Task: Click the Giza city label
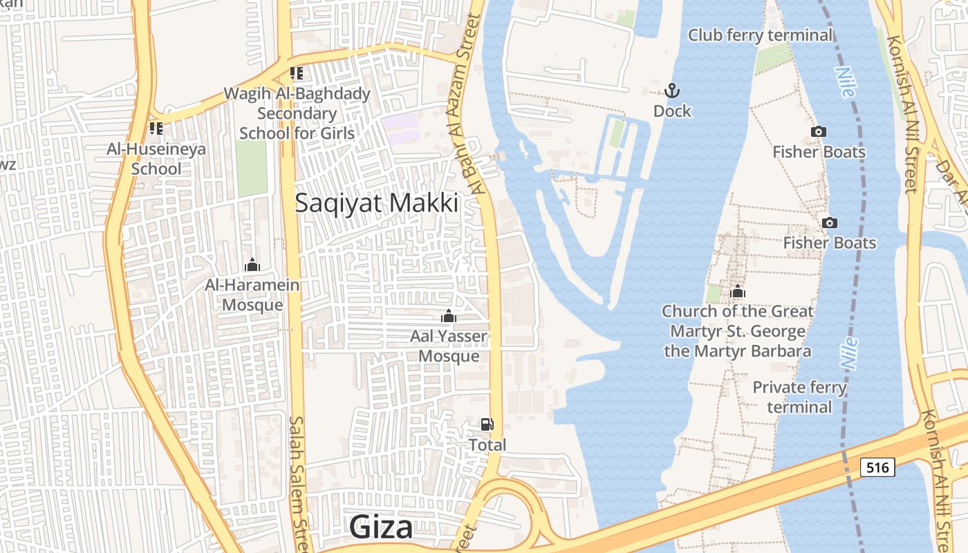381,527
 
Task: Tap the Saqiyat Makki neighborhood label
377,203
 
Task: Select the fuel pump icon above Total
487,424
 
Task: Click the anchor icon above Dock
671,91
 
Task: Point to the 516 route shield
877,467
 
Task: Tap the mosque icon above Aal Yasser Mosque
449,317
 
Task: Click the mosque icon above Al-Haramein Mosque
252,265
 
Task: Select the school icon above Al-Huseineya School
156,129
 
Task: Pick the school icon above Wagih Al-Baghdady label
297,73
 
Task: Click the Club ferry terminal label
761,35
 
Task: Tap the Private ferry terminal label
799,397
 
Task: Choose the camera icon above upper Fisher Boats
819,131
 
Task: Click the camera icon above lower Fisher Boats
829,223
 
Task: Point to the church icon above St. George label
738,292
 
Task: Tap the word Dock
672,111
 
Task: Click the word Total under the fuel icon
487,444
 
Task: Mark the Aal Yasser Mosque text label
449,346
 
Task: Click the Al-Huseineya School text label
156,158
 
